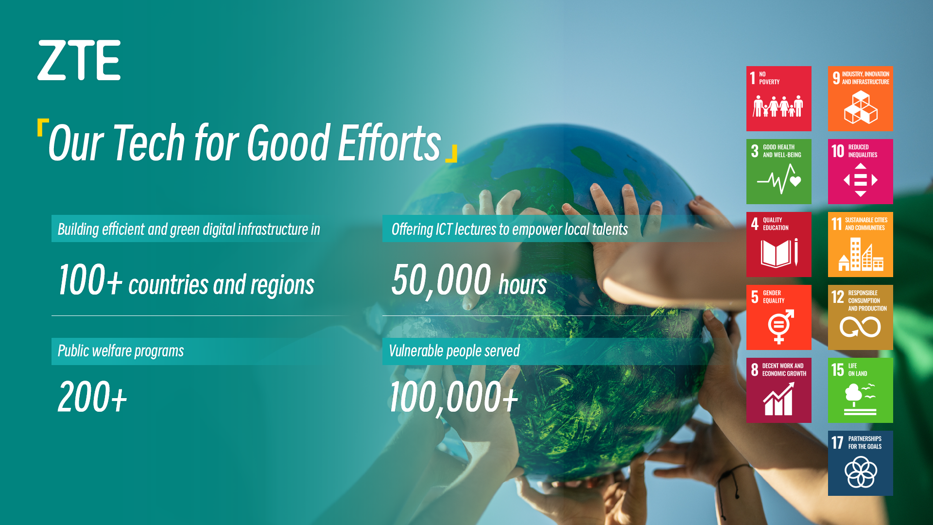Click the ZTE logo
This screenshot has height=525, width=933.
point(79,60)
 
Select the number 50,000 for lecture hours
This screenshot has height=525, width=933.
point(441,280)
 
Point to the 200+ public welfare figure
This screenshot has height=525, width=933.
point(92,397)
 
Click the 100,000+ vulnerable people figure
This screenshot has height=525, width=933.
point(454,397)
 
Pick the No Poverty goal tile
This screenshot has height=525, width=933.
point(778,99)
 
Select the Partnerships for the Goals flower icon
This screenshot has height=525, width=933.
point(861,472)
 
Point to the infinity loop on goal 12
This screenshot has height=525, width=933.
point(860,327)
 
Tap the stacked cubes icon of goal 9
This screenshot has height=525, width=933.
point(861,107)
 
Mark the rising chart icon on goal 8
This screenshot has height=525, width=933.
point(778,399)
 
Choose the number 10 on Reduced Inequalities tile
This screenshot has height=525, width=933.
point(838,151)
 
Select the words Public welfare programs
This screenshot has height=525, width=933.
point(121,351)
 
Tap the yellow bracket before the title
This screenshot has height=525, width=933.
point(43,128)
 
